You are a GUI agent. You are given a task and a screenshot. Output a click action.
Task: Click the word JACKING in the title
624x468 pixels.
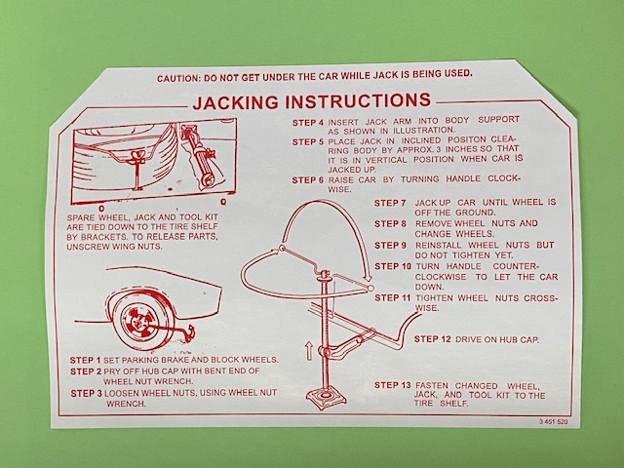[x=236, y=102]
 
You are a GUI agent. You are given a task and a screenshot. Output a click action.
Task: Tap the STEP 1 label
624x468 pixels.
[x=85, y=360]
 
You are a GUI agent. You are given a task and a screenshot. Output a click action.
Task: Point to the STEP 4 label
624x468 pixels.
[x=308, y=123]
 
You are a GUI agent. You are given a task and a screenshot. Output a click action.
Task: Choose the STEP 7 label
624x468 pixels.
[x=390, y=203]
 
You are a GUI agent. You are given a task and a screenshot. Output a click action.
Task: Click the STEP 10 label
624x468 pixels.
[x=392, y=266]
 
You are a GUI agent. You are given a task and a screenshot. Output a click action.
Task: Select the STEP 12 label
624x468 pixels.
[x=433, y=339]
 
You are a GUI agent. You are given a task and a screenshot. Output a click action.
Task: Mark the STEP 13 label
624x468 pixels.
[x=392, y=385]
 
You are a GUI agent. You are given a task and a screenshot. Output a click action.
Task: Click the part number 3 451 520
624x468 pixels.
[x=554, y=422]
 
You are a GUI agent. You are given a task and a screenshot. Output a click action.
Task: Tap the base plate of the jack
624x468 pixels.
[x=323, y=399]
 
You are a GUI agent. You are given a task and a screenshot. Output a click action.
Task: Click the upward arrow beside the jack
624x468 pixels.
[x=309, y=351]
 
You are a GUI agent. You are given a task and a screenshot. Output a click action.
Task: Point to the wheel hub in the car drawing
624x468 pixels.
[x=137, y=322]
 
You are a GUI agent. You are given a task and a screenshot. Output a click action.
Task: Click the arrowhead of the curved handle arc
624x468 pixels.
[x=368, y=277]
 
